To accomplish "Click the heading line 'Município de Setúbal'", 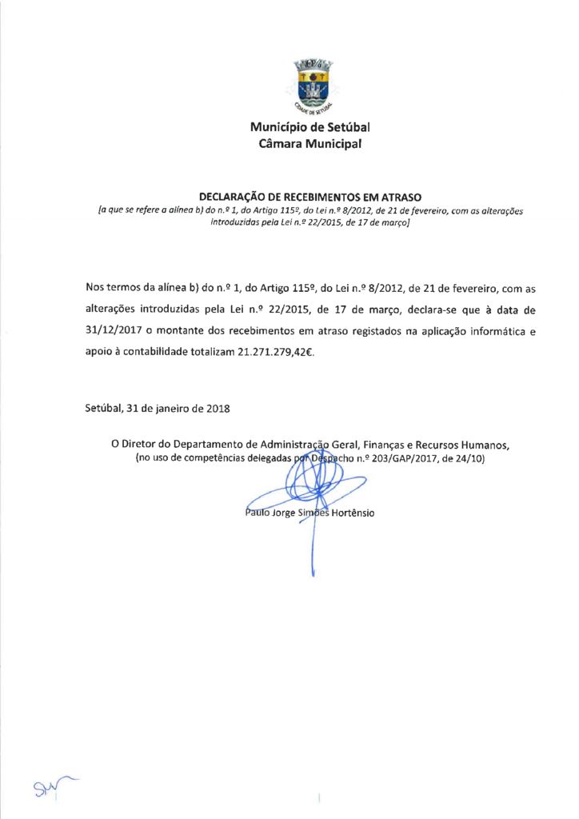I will [309, 127].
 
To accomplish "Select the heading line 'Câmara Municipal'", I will [309, 144].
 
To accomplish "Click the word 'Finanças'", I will [390, 444].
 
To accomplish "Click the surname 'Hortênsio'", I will [347, 513].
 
